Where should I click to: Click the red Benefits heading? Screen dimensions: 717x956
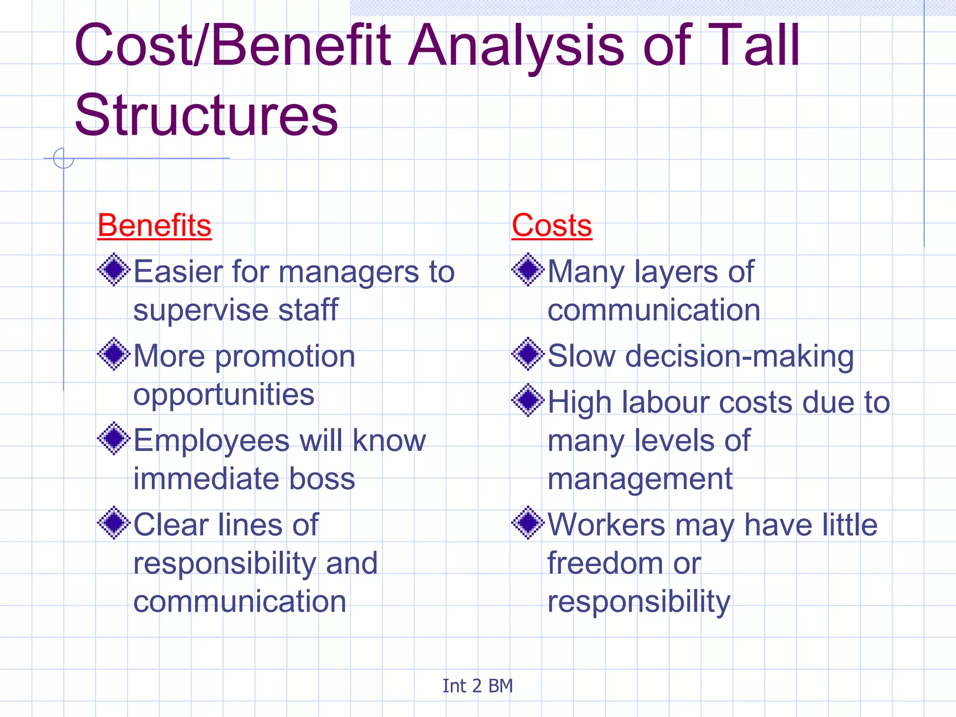coord(155,225)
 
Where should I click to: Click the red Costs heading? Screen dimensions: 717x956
coord(552,225)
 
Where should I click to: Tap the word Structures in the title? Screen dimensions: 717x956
coord(206,115)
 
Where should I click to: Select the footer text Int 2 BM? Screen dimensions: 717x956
coord(478,686)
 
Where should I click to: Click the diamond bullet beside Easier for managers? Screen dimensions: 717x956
coord(113,270)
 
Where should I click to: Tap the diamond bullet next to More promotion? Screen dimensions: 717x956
coord(113,354)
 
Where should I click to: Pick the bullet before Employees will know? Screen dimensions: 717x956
coord(113,439)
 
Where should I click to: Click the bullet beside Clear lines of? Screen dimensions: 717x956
coord(113,523)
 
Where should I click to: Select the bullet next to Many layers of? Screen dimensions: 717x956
coord(528,270)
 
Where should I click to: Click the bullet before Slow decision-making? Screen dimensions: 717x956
coord(528,354)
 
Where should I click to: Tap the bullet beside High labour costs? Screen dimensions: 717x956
coord(528,400)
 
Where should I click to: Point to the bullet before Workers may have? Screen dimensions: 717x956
coord(528,523)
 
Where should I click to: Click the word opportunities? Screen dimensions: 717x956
coord(224,395)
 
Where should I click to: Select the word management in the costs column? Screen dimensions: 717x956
coord(640,479)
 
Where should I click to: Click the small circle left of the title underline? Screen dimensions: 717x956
coord(63,158)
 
